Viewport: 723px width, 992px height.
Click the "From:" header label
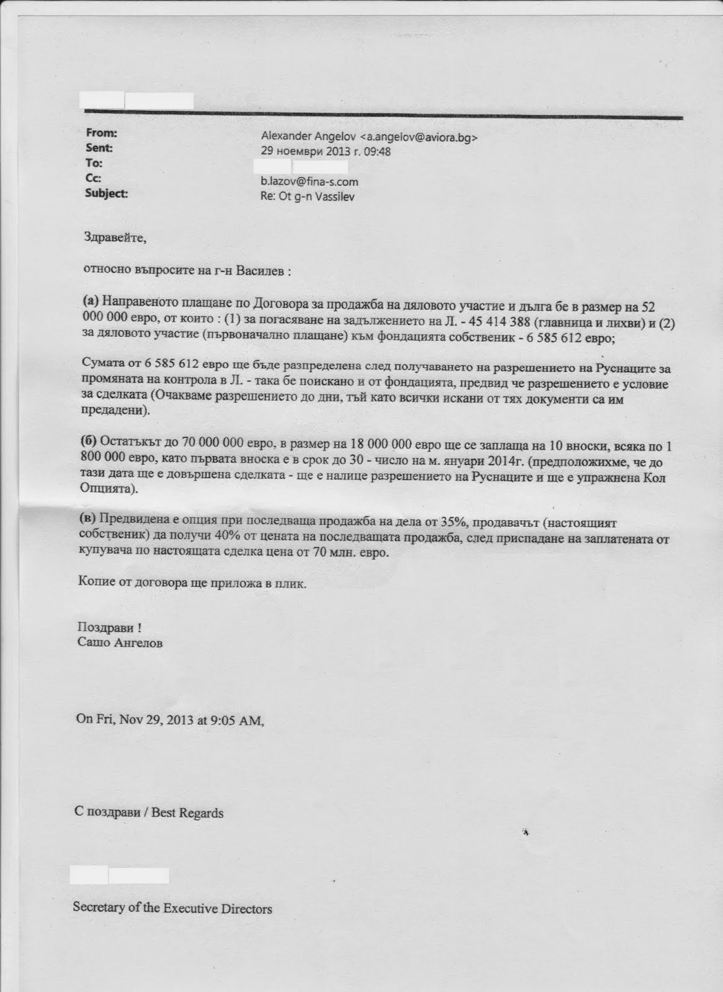[x=101, y=133]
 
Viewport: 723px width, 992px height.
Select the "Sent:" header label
[x=99, y=148]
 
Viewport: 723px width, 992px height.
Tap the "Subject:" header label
[x=106, y=193]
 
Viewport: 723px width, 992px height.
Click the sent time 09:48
[x=377, y=152]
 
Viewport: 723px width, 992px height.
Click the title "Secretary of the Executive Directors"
[x=172, y=909]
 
